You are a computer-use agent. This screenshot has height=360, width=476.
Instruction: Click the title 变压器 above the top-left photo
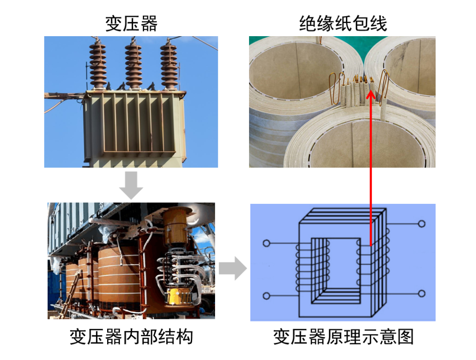(131, 23)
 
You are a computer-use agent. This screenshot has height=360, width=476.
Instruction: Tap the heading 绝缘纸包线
(343, 23)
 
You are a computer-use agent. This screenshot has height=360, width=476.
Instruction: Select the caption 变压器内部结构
(131, 337)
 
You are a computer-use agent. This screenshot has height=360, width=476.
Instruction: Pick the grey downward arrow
(131, 185)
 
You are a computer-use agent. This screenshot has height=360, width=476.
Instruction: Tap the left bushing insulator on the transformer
(97, 64)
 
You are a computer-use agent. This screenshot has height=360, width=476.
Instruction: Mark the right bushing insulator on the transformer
(168, 64)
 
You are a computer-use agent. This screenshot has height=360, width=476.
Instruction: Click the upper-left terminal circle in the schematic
(266, 243)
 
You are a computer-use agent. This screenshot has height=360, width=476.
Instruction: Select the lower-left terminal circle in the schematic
(266, 296)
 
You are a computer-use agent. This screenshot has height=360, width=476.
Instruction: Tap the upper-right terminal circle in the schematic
(422, 224)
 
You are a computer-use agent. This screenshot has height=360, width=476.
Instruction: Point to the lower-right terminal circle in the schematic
(422, 293)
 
